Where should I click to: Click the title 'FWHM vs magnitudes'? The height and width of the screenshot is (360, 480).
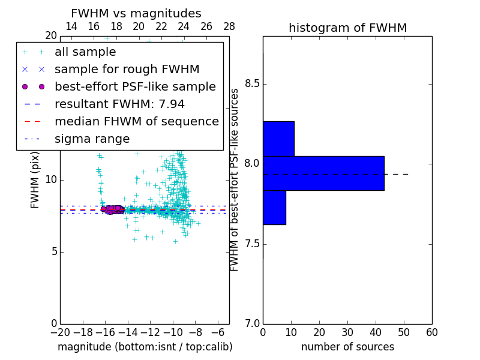[136, 13]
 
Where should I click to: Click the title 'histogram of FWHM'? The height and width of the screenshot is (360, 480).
[347, 28]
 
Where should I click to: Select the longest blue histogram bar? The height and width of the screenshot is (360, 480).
[323, 173]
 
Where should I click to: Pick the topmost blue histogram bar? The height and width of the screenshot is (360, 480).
[278, 139]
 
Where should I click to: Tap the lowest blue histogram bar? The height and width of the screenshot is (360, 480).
[274, 207]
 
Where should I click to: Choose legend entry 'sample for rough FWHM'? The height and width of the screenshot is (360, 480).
[127, 69]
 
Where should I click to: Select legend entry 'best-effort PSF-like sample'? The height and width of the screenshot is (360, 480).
[135, 86]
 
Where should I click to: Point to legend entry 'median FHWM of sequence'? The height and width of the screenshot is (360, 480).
[136, 121]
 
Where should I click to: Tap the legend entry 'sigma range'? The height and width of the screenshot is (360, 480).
[92, 139]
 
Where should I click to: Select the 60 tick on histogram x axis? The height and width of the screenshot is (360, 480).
[431, 332]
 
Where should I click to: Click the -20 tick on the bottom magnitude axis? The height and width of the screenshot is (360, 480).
[60, 332]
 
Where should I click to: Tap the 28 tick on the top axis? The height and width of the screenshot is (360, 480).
[229, 26]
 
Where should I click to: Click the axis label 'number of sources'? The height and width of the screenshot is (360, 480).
[347, 347]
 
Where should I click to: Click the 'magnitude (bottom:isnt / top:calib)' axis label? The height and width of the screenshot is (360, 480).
[145, 347]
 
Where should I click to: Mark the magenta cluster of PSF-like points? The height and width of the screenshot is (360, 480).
[112, 209]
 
